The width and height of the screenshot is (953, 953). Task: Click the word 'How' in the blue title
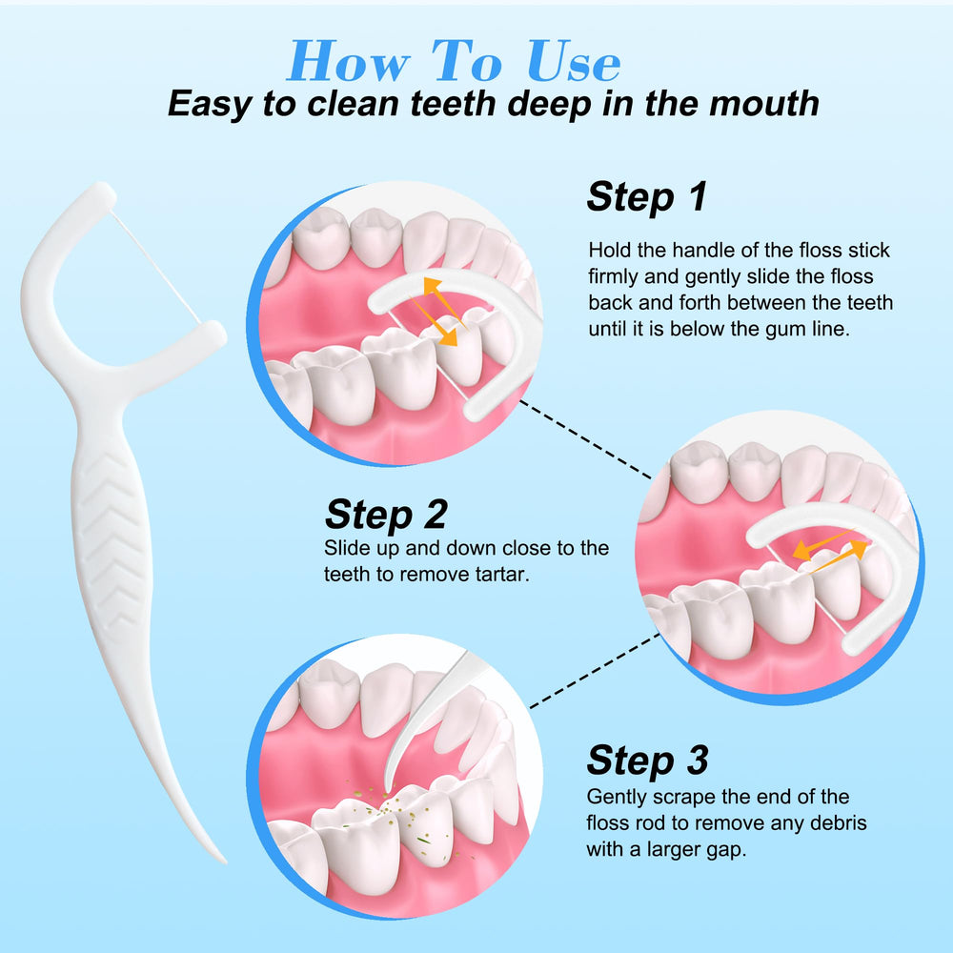pos(349,61)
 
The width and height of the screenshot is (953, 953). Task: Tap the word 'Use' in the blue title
pos(574,61)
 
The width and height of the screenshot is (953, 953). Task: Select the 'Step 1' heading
pos(647,196)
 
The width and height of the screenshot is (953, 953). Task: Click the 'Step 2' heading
pos(386,515)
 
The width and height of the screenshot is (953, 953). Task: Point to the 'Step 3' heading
pos(647,760)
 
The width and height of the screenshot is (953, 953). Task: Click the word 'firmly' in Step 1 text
pos(613,276)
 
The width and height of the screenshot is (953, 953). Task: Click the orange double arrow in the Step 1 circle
pos(440,312)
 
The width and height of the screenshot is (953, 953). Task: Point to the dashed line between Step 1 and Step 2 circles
pos(586,438)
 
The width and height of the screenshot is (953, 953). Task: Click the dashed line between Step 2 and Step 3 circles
pos(595,671)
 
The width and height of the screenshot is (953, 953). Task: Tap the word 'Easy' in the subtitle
pos(209,105)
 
